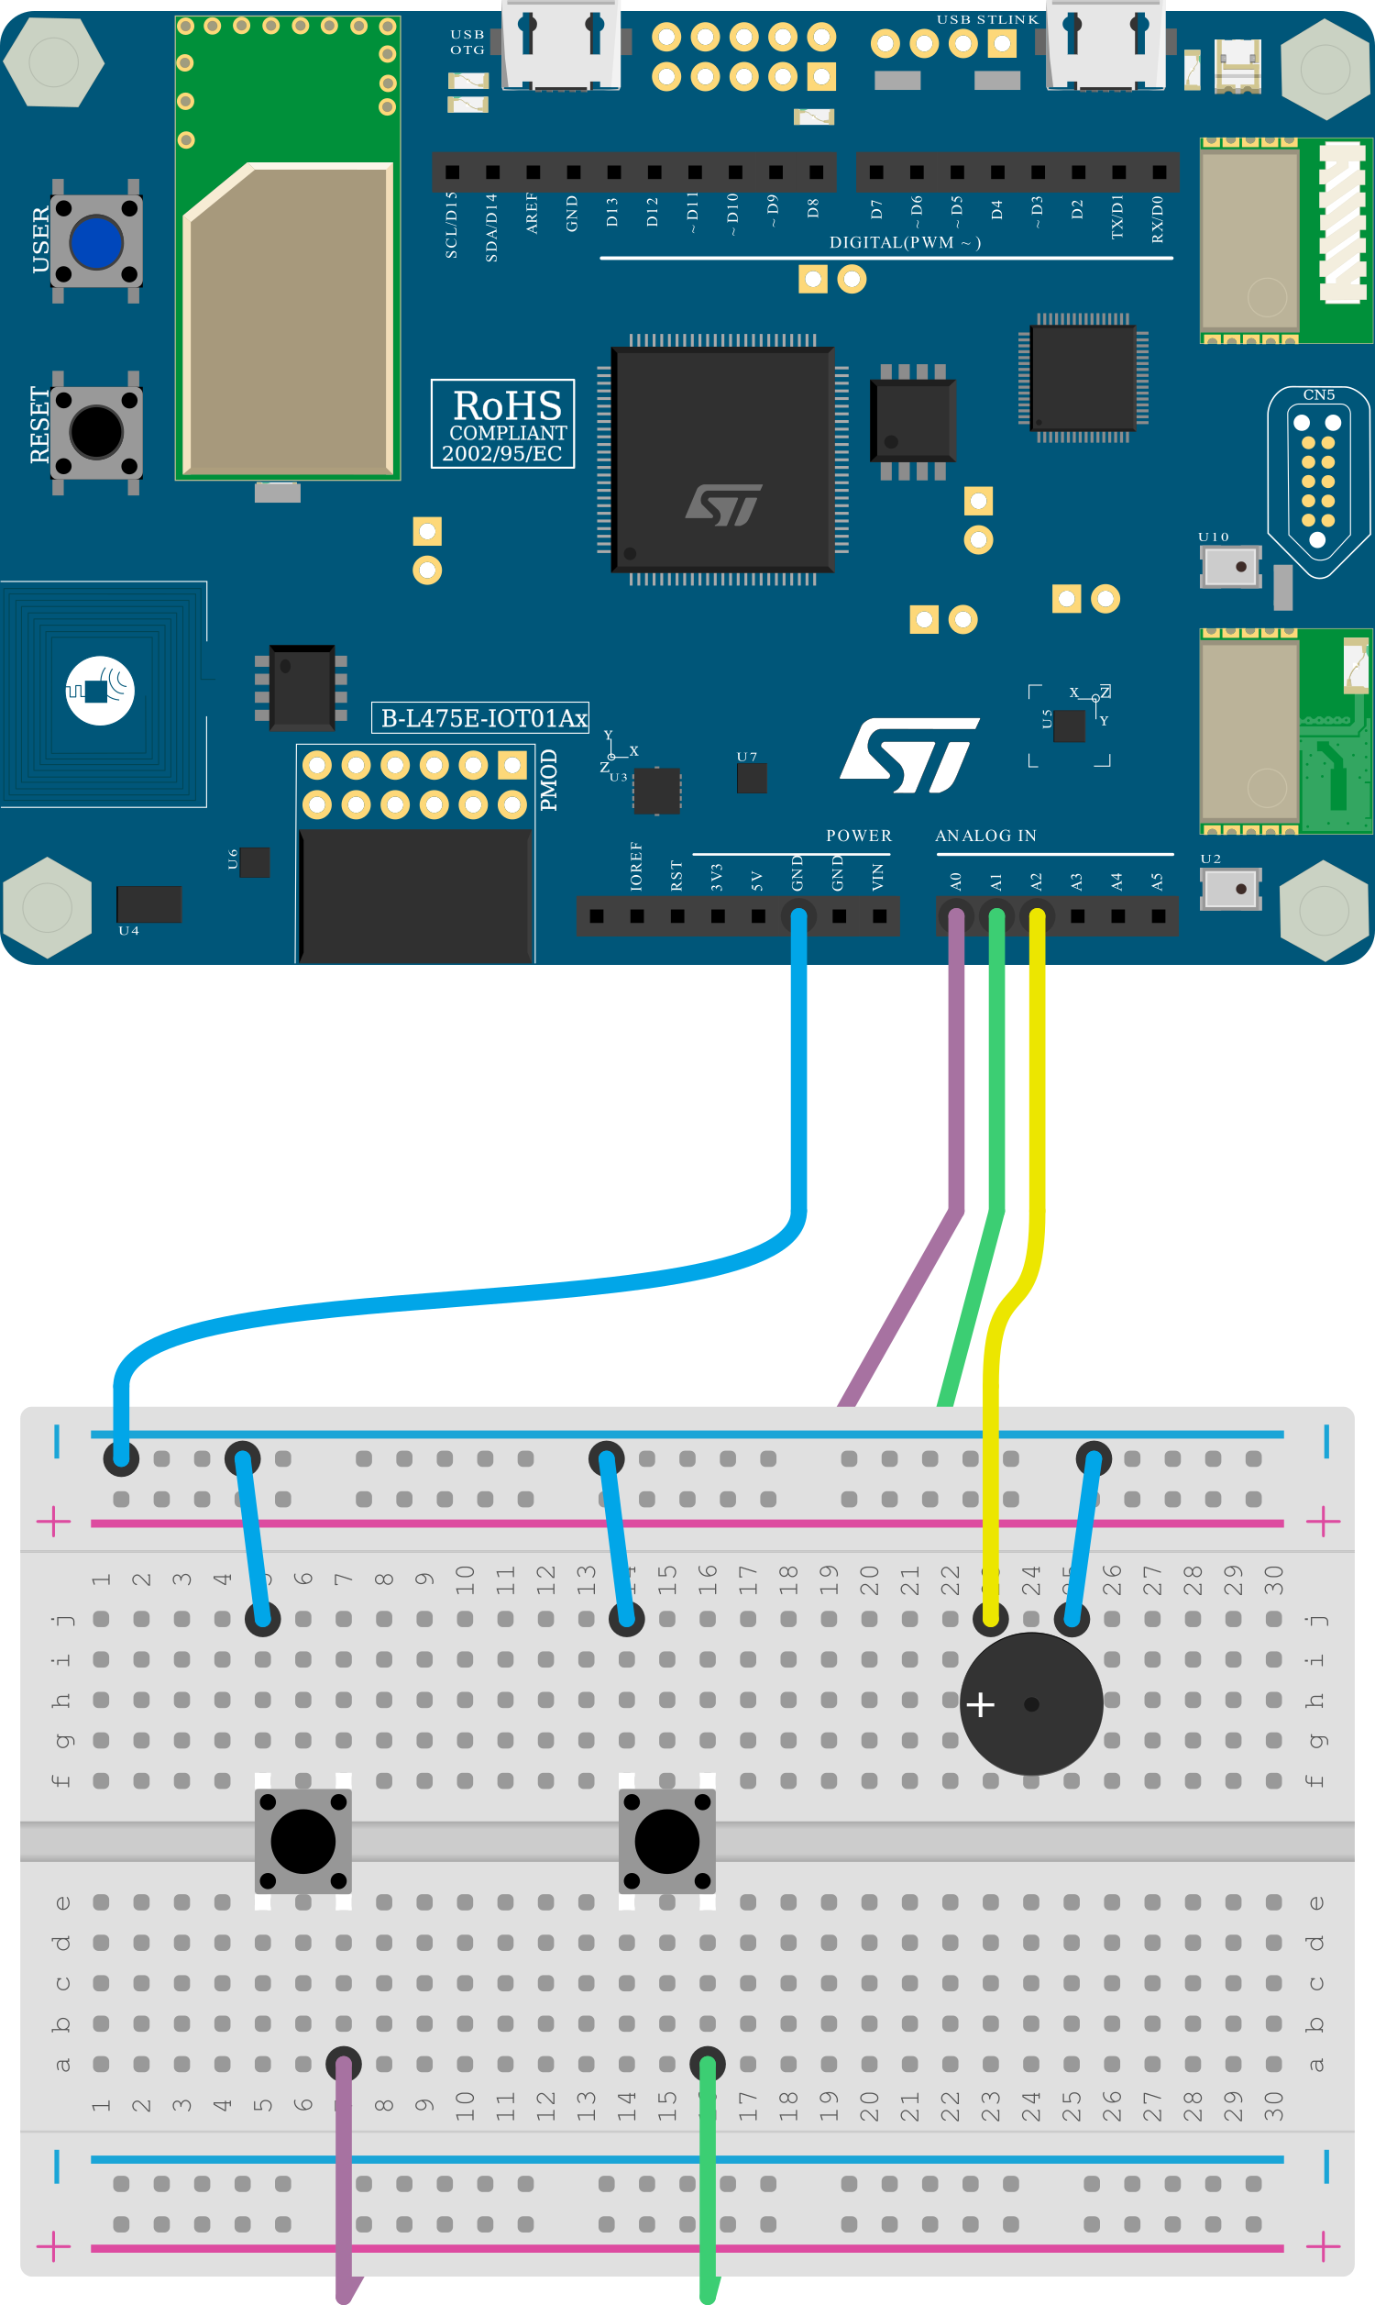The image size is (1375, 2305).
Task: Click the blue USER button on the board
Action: pyautogui.click(x=96, y=242)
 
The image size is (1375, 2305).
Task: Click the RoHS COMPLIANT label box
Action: pyautogui.click(x=502, y=424)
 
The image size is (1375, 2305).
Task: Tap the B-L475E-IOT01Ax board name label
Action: pyautogui.click(x=481, y=717)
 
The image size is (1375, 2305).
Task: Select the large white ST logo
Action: pyautogui.click(x=909, y=755)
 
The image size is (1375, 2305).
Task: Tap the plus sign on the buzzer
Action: pyautogui.click(x=980, y=1703)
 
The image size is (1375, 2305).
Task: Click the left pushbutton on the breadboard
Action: pyautogui.click(x=303, y=1841)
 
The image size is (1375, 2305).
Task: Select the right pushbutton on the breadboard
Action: pyautogui.click(x=667, y=1841)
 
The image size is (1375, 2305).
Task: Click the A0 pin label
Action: pyautogui.click(x=955, y=881)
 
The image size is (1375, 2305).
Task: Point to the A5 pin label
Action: pyautogui.click(x=1156, y=881)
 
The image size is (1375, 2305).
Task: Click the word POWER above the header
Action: pyautogui.click(x=859, y=835)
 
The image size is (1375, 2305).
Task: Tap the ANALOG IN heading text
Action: pyautogui.click(x=985, y=835)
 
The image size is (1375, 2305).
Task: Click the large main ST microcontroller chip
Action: pyautogui.click(x=723, y=460)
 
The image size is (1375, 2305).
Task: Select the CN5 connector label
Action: pyautogui.click(x=1318, y=394)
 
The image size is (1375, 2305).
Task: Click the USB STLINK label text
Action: pyautogui.click(x=987, y=19)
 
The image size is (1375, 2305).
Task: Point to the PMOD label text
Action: pyautogui.click(x=548, y=780)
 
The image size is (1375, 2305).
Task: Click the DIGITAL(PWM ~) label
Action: pyautogui.click(x=905, y=242)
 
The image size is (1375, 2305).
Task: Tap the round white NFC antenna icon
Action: pyautogui.click(x=100, y=690)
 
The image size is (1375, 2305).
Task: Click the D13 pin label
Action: pyautogui.click(x=611, y=211)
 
